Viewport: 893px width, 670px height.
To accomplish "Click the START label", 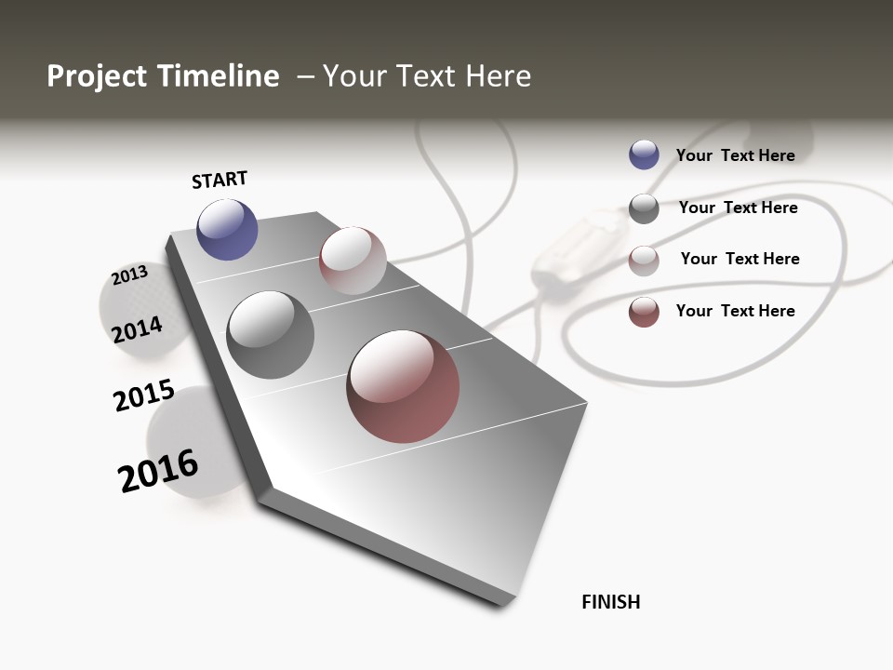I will point(220,180).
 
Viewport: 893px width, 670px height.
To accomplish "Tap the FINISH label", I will point(610,602).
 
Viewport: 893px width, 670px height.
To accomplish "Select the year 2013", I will point(130,275).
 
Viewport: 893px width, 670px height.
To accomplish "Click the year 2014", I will point(138,329).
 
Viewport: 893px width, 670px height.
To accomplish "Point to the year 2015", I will point(144,396).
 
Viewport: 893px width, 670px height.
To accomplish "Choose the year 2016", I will point(158,471).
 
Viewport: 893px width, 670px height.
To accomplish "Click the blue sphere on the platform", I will point(227,230).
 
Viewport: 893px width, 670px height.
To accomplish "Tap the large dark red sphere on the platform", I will point(403,385).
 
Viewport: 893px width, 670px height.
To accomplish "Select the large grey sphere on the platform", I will point(270,335).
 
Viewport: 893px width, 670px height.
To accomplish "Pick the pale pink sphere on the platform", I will point(353,261).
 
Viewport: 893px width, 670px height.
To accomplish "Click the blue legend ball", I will point(644,154).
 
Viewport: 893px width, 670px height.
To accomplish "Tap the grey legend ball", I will point(644,208).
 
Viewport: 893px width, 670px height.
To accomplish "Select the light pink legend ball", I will point(644,260).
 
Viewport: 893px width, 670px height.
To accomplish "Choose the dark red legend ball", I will point(644,312).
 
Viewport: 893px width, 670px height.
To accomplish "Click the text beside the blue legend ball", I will point(735,155).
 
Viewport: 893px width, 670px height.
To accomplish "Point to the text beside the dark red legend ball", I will point(735,311).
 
